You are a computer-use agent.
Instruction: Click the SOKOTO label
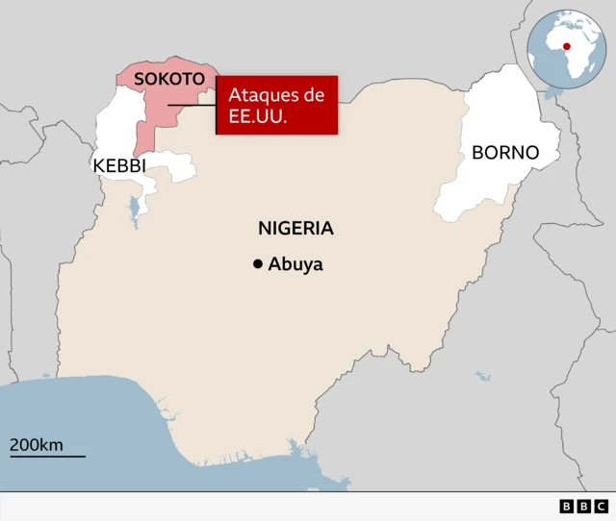(169, 79)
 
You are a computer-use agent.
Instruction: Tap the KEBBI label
(119, 165)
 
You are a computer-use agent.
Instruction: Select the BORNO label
(504, 153)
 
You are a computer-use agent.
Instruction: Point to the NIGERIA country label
(295, 229)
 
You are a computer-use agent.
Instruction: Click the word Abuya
(295, 264)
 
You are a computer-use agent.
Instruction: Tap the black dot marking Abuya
(258, 264)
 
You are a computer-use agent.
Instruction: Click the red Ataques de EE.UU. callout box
(277, 105)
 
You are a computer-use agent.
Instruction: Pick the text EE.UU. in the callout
(253, 116)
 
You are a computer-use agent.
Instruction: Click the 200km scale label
(37, 445)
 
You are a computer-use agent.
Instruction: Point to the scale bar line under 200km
(47, 456)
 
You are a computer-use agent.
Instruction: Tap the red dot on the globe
(567, 46)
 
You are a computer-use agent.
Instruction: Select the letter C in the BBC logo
(601, 506)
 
